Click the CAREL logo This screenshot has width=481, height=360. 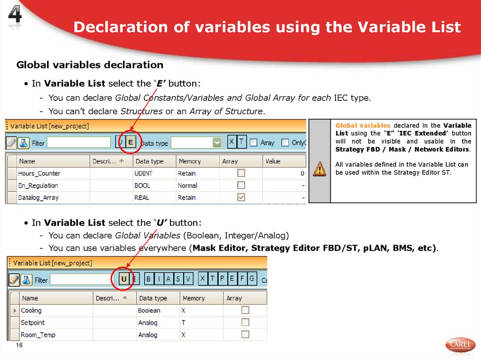460,345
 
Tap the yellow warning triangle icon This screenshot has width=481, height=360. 319,168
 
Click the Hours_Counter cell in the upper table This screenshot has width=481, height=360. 39,173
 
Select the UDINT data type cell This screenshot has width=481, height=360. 143,173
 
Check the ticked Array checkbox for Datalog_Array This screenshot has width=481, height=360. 241,198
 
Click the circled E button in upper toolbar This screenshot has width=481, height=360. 131,142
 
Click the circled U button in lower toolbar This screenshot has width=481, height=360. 124,279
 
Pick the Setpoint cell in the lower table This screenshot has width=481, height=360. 33,322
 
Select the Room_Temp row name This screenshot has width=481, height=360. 38,335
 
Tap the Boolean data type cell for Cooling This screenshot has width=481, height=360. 149,310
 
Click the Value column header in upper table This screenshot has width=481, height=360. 273,161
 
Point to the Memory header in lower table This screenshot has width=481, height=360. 194,298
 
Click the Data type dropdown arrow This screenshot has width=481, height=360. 217,142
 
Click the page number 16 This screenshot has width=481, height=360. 19,345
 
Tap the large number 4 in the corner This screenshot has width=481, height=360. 15,17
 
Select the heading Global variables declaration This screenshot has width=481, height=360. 90,65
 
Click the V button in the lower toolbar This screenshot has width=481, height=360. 188,279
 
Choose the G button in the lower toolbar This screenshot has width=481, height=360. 252,278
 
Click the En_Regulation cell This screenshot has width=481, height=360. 38,185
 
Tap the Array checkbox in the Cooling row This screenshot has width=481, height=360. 245,310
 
